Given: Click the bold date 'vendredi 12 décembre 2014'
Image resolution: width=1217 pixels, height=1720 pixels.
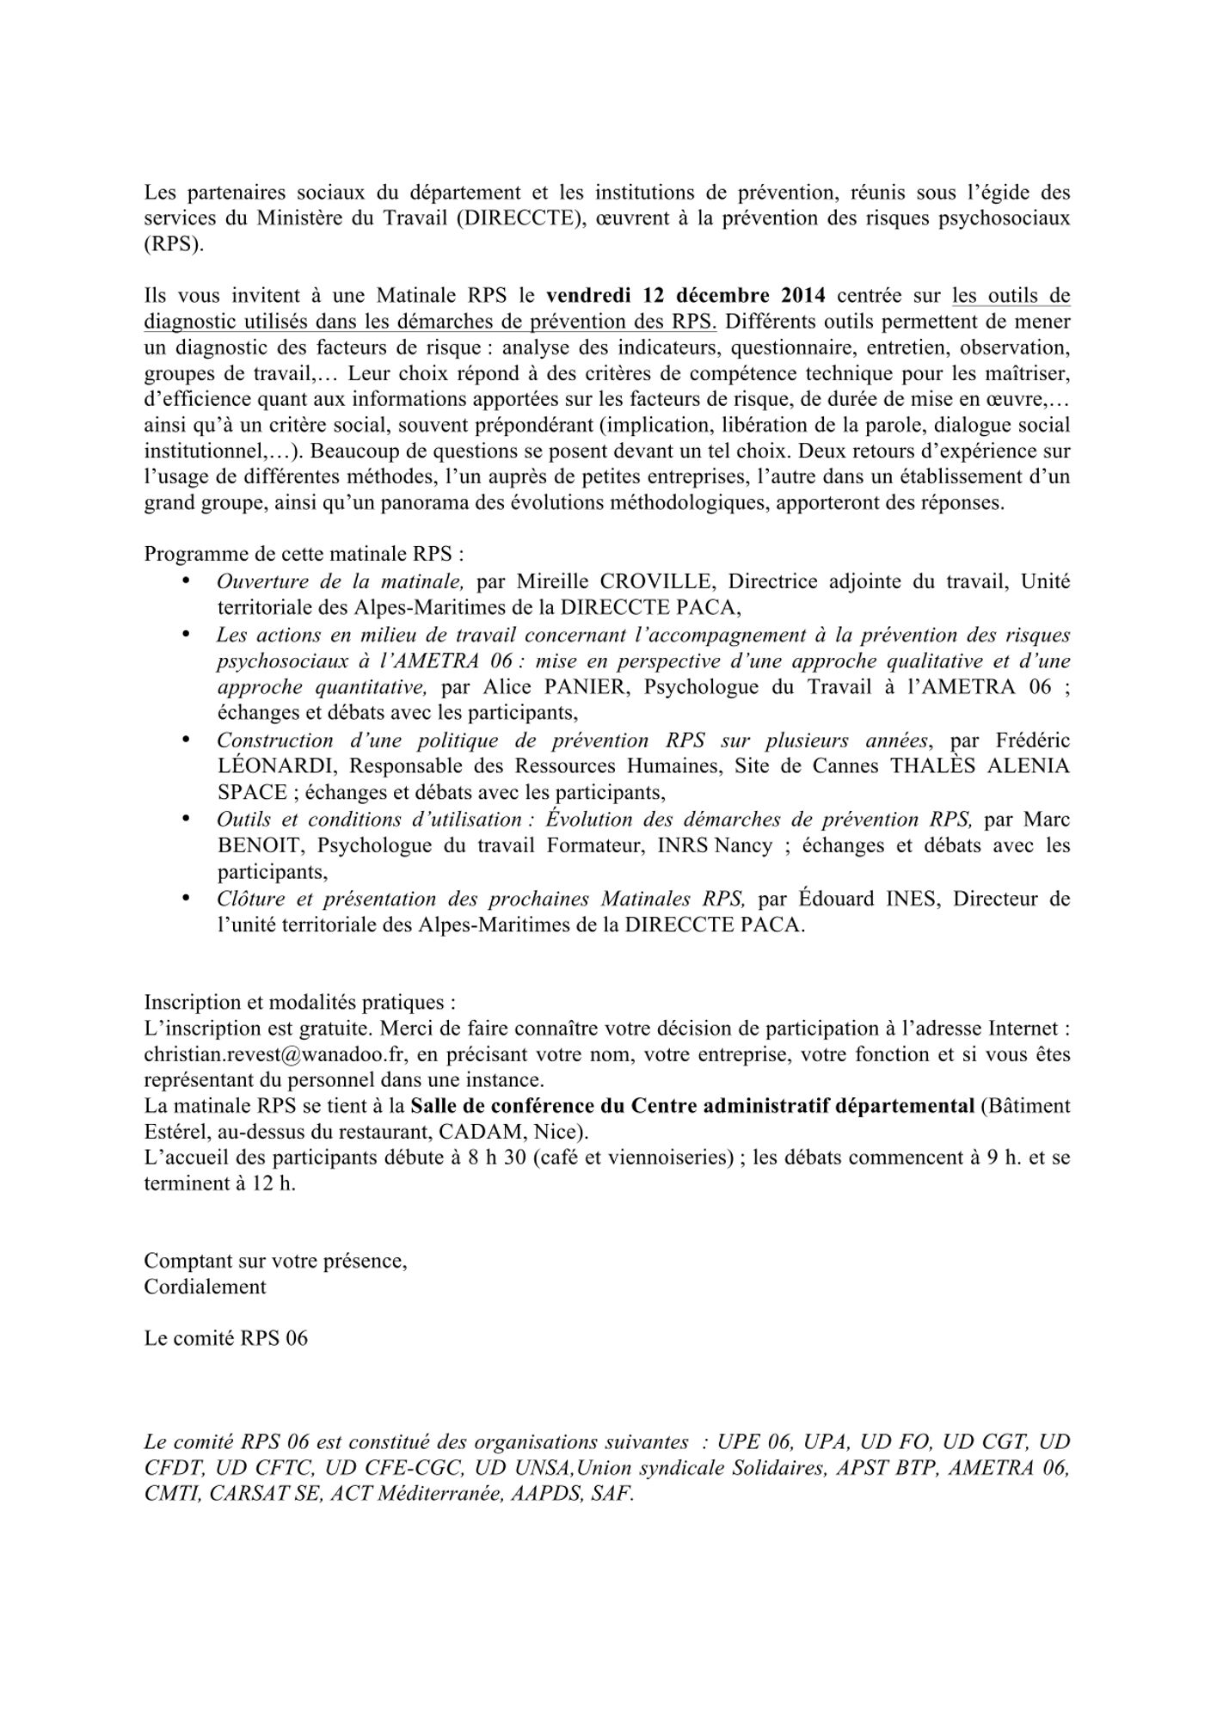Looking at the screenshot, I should (685, 296).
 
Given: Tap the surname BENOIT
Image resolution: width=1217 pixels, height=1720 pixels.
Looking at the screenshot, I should (260, 845).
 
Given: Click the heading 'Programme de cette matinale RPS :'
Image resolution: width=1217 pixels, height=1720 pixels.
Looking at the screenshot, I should (304, 554).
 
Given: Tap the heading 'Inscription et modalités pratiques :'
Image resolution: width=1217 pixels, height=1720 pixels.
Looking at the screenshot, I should (299, 1002).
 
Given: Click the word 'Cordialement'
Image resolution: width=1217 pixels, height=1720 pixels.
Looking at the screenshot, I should (205, 1287).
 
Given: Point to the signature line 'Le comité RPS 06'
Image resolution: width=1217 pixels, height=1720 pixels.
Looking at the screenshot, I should (225, 1338).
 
